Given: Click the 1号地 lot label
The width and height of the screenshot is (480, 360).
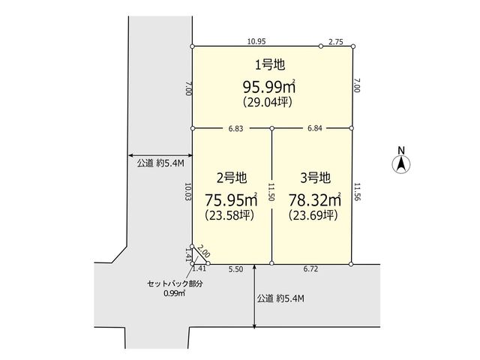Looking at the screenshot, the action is point(270,64).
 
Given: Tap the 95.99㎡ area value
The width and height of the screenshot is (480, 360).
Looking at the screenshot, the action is point(269,87).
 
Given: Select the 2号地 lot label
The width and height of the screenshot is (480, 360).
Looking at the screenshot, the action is point(232,178).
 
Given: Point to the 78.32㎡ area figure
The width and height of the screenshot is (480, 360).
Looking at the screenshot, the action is point(315,200).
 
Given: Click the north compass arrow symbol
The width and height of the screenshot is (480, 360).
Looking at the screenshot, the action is point(401,164).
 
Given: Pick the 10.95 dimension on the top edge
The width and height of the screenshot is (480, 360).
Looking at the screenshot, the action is point(256,41).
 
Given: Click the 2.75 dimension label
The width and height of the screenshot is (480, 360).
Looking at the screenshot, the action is point(336,42).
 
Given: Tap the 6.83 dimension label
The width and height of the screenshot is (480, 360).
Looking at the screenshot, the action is point(235,128).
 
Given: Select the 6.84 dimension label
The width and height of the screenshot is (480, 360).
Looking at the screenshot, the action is point(315,128).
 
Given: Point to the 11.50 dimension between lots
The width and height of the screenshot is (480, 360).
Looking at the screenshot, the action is point(271,192).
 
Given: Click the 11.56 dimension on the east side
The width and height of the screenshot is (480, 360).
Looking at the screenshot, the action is point(357,192).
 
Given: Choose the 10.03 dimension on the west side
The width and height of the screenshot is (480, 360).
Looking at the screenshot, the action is point(188,192).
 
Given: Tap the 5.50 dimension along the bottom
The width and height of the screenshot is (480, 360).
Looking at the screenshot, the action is point(235,269).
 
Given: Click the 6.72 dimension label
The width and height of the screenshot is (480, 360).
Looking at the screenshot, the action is point(310,269).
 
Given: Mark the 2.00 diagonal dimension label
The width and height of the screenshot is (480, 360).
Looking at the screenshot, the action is point(203,250).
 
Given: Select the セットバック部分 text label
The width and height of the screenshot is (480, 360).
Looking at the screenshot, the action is point(175,283).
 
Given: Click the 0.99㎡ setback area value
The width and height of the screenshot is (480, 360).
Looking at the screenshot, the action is point(175,293).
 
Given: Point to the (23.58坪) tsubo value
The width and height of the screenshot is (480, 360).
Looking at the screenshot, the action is point(229,215).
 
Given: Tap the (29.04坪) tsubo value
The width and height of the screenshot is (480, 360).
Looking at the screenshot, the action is point(268,102).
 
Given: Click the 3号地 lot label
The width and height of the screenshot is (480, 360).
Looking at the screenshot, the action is point(315,178).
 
